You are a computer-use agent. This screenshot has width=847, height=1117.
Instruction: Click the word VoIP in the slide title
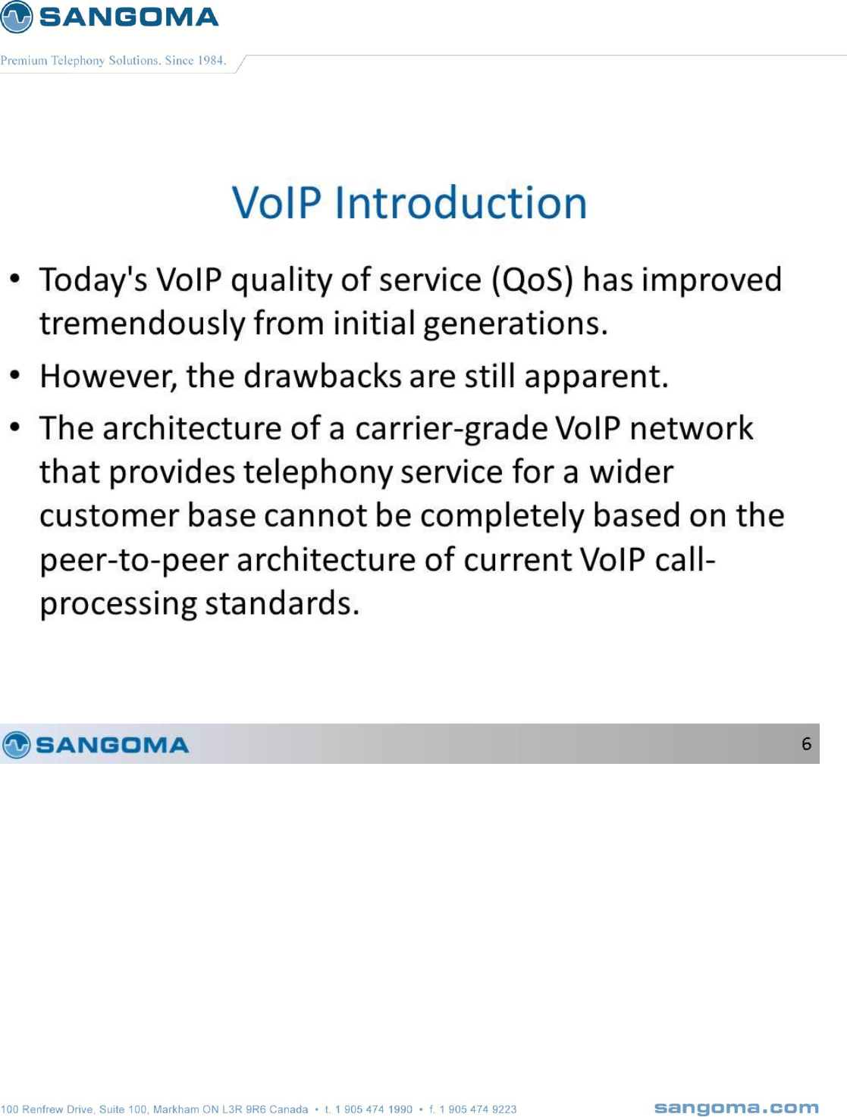[x=277, y=203]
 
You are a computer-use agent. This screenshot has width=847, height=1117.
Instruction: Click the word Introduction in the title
[x=461, y=203]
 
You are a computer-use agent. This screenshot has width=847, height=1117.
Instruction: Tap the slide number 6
[x=806, y=744]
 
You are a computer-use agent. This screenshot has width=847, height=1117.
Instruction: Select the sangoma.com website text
[x=736, y=1109]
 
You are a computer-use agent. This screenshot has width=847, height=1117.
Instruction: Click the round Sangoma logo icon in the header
[x=16, y=17]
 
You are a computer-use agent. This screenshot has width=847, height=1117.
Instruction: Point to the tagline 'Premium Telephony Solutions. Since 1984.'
[x=113, y=61]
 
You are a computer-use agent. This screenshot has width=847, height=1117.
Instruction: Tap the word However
[x=108, y=376]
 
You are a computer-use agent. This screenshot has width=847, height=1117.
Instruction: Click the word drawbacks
[x=323, y=376]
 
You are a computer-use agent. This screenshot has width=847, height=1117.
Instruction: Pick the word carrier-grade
[x=451, y=429]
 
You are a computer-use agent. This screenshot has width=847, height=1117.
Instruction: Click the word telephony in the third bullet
[x=318, y=472]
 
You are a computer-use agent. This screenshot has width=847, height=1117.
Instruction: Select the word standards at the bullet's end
[x=282, y=603]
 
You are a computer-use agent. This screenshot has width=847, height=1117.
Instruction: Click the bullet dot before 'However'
[x=15, y=376]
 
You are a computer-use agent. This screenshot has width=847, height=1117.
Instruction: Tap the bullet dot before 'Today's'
[x=15, y=279]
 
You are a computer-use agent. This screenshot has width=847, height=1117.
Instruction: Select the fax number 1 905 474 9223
[x=478, y=1109]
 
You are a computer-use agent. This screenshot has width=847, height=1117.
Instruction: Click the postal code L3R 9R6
[x=244, y=1109]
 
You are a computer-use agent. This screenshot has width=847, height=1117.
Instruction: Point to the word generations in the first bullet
[x=516, y=324]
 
